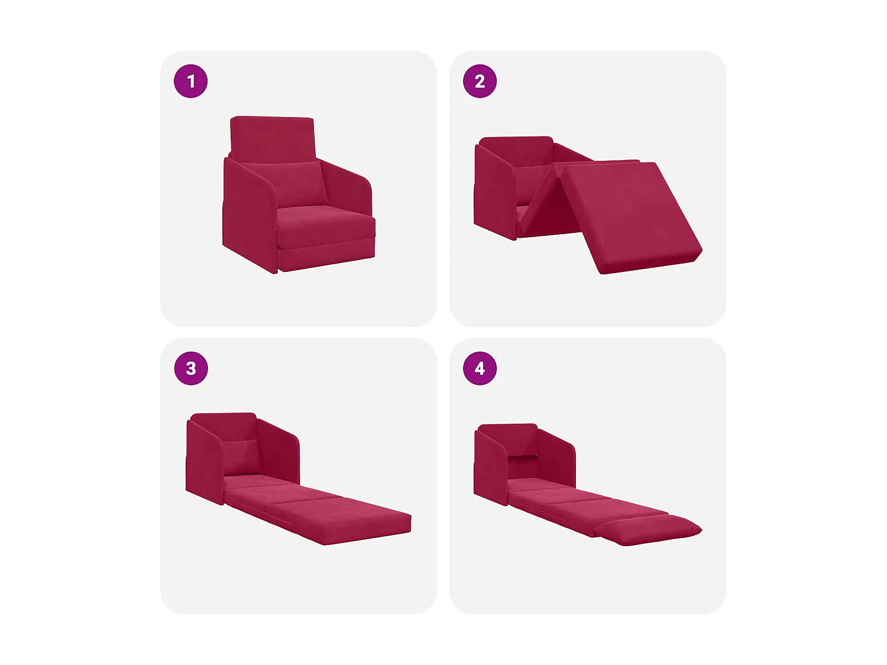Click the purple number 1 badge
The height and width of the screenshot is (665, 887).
(190, 81)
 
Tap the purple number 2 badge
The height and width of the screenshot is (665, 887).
(480, 81)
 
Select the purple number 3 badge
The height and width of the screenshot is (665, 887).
(190, 368)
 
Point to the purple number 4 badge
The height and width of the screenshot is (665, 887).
(480, 368)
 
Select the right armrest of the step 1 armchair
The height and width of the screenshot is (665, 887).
(349, 189)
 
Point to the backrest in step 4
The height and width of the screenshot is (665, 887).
(507, 437)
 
